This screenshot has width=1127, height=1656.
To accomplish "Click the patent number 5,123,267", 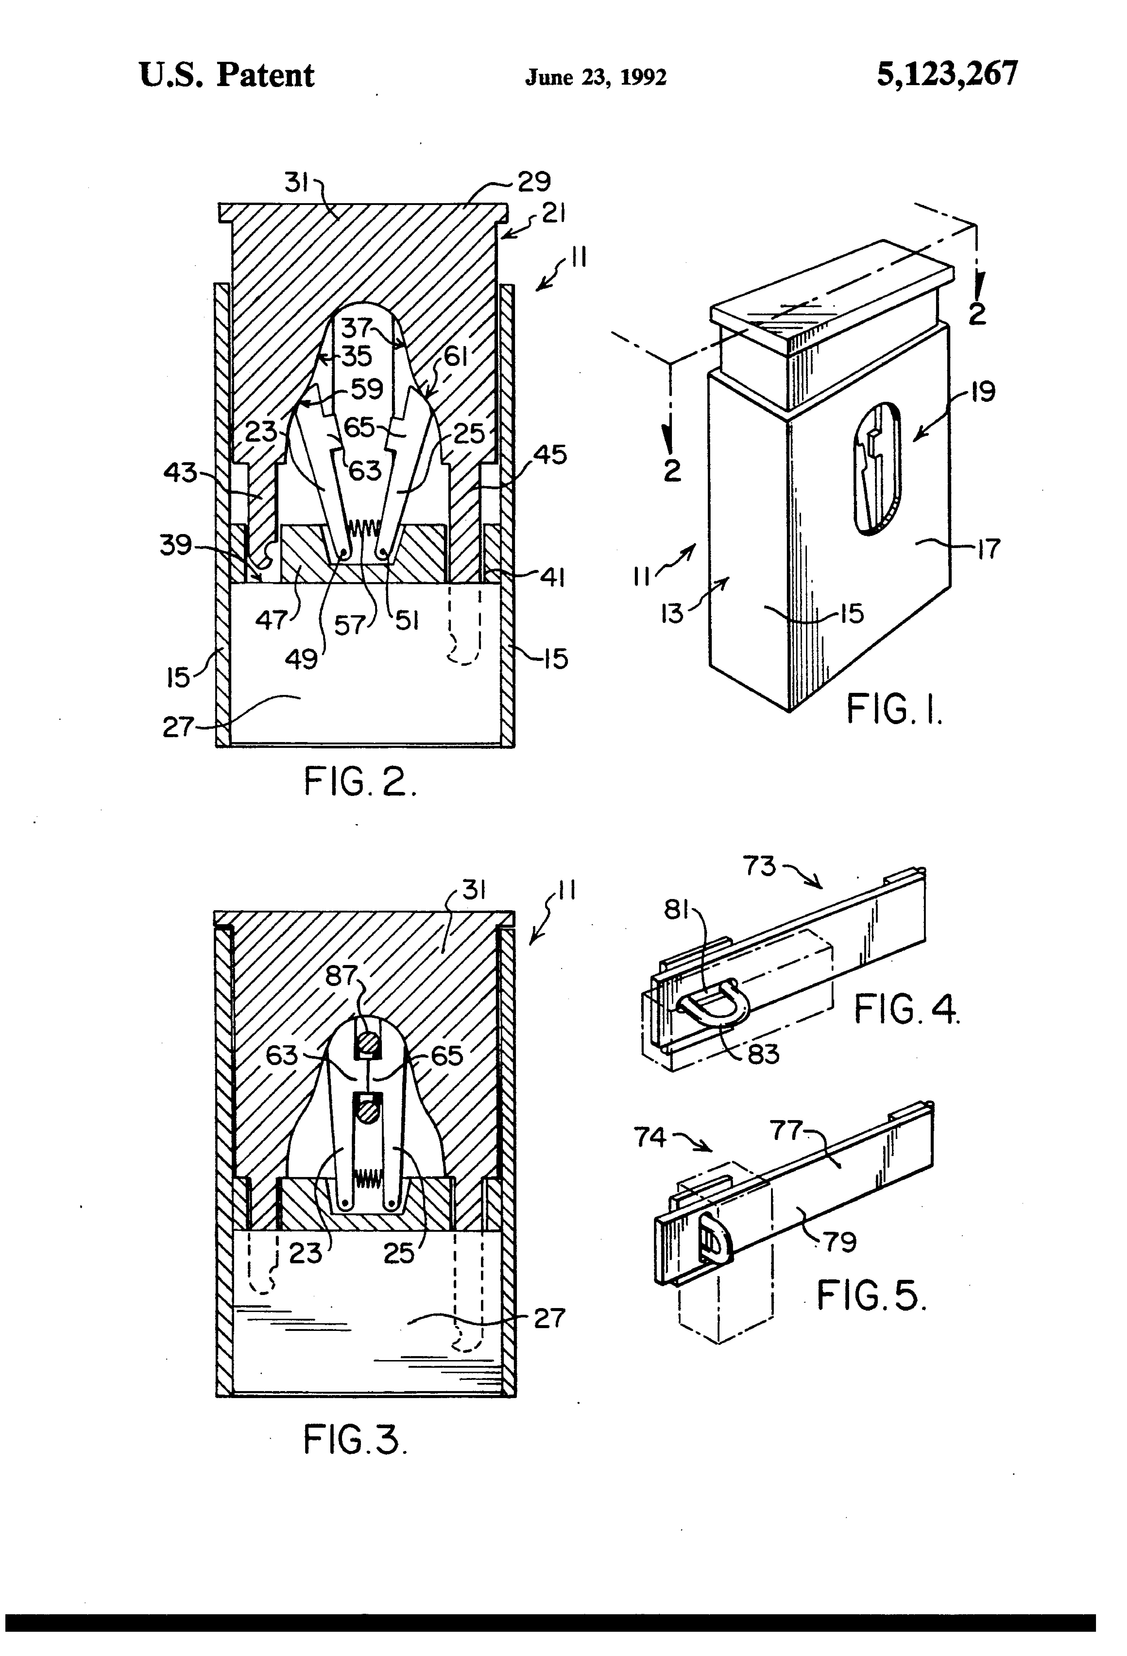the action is [x=947, y=74].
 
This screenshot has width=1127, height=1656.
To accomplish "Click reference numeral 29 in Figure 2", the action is [x=534, y=182].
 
